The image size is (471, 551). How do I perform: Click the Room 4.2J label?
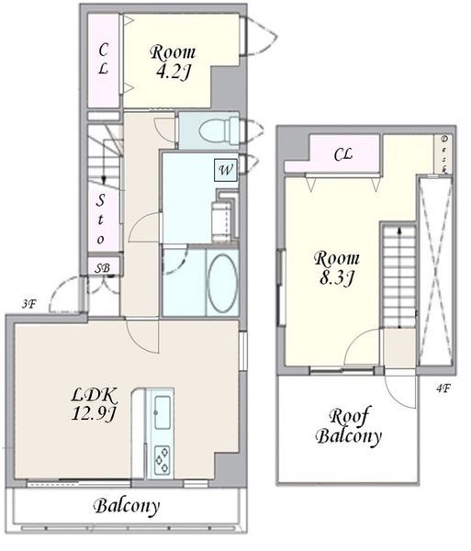click(173, 62)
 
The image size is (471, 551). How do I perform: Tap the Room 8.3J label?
click(336, 268)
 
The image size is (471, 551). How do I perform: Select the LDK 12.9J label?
click(94, 404)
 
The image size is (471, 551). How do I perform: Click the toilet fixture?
click(219, 131)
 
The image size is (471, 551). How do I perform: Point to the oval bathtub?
click(221, 283)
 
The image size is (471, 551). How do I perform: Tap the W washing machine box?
click(226, 170)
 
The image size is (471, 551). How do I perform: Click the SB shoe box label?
click(102, 268)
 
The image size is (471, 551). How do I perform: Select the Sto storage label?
click(101, 219)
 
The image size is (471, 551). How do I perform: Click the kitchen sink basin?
click(163, 412)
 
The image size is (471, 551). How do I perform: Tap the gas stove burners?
click(162, 459)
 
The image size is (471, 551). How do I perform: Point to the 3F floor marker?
click(29, 304)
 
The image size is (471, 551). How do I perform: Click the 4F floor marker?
click(443, 388)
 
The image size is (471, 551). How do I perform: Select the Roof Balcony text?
click(348, 427)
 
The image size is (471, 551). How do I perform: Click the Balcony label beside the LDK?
click(127, 506)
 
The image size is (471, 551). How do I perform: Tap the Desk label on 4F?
click(444, 154)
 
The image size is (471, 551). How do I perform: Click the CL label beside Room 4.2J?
click(103, 59)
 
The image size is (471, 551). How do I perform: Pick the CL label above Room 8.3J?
click(342, 154)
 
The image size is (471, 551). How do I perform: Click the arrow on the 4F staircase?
click(399, 277)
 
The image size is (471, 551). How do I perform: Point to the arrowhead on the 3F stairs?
click(104, 180)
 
